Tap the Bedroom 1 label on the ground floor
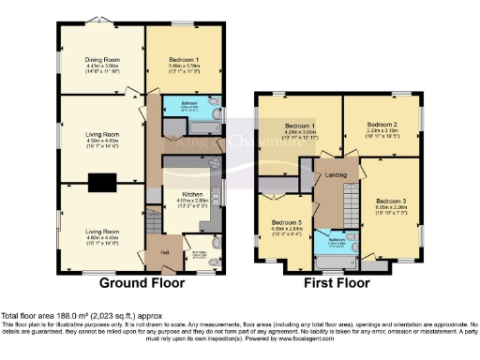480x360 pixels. click(x=184, y=57)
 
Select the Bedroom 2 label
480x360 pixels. click(x=383, y=124)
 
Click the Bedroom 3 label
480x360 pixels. click(x=390, y=201)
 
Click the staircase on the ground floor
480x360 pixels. click(x=151, y=222)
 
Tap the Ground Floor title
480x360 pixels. click(x=136, y=281)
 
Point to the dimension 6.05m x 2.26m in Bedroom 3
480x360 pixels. click(x=390, y=209)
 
